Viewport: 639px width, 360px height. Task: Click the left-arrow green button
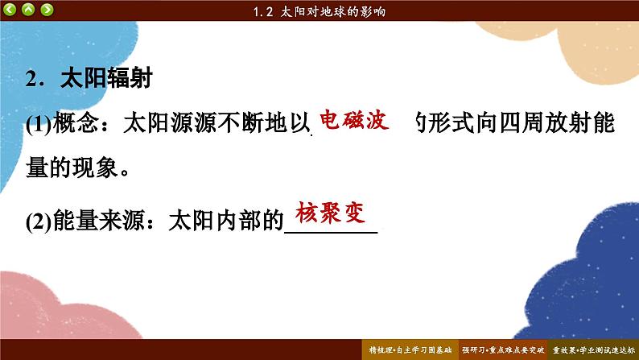[10, 9]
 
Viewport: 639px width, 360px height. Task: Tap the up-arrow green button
[28, 9]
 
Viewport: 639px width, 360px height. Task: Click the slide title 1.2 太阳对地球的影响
[319, 11]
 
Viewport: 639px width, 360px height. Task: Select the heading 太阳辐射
[106, 77]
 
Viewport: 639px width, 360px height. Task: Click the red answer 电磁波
[354, 120]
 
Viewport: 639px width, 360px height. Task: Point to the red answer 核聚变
[330, 212]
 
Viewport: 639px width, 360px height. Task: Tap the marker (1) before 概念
[39, 123]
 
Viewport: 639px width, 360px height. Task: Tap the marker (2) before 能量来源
[39, 221]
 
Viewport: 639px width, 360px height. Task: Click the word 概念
[76, 122]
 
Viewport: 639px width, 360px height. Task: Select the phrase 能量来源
[99, 221]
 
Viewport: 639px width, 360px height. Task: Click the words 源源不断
[217, 122]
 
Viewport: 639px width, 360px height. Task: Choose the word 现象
[95, 168]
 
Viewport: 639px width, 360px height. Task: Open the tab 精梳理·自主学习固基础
[410, 350]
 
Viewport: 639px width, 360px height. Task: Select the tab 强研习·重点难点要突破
[503, 350]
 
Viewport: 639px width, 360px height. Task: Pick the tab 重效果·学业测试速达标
[593, 350]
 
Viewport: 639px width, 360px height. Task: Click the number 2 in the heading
[31, 78]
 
